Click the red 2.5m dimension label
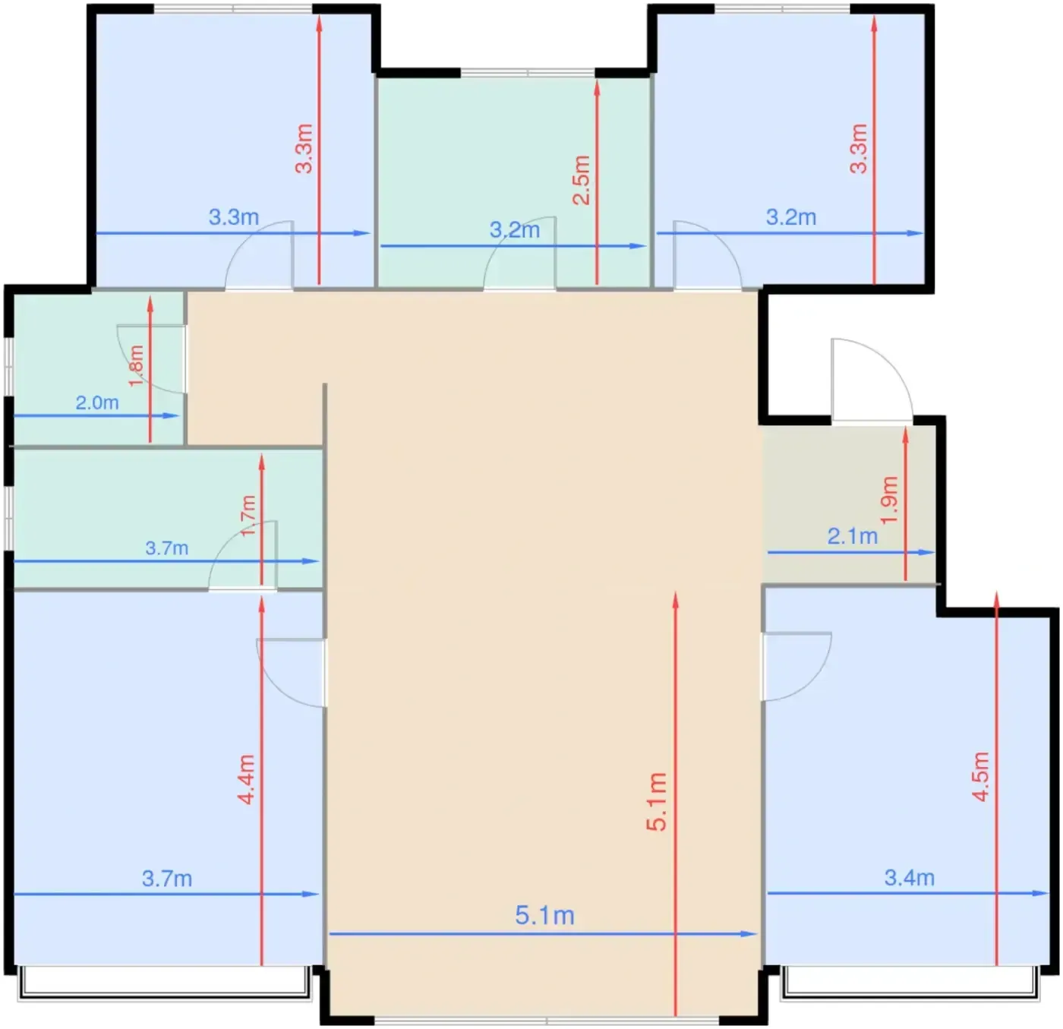[x=582, y=180]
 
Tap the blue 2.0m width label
[x=97, y=402]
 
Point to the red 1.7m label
[x=248, y=516]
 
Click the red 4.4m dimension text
[x=246, y=779]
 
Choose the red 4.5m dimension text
[x=981, y=777]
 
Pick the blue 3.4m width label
[x=910, y=878]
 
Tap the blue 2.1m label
[x=853, y=536]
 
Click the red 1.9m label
[x=889, y=500]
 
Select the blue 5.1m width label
[x=544, y=915]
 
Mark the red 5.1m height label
[x=657, y=802]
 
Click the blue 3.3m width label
[x=234, y=217]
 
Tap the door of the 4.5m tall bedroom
[x=796, y=666]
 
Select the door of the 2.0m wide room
[x=151, y=359]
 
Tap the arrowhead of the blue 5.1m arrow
[x=749, y=934]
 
